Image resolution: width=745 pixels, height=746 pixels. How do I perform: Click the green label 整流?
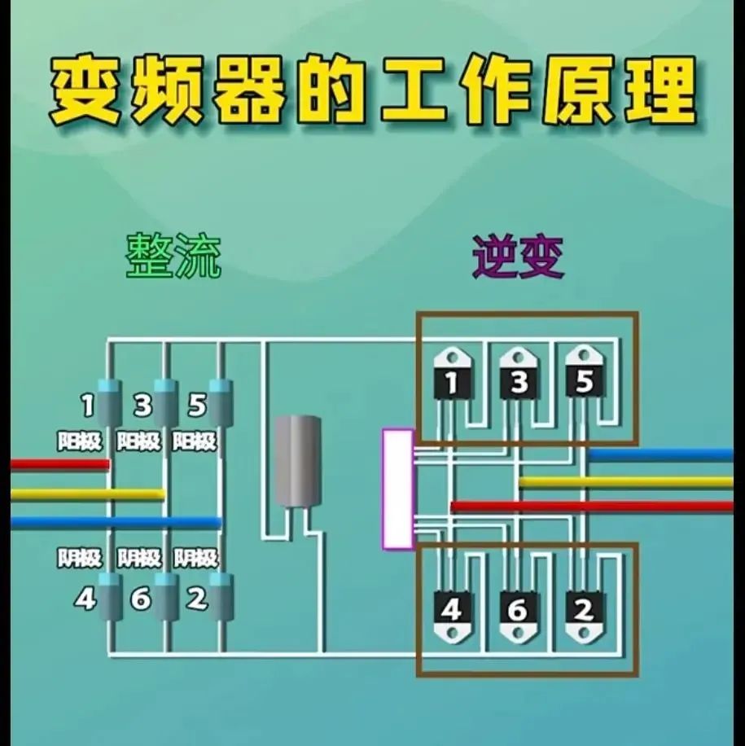[x=173, y=257]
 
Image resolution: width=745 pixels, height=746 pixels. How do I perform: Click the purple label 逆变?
[x=519, y=257]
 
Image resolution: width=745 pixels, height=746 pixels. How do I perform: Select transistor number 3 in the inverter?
[x=519, y=375]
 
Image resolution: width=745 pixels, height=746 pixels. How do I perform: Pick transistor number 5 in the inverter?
[x=584, y=375]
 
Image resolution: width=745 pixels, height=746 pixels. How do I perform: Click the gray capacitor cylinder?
[x=297, y=460]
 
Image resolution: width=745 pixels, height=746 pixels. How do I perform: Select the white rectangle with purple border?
[x=398, y=489]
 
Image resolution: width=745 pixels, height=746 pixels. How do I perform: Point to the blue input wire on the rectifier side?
[x=114, y=522]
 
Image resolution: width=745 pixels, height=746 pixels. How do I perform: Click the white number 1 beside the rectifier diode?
[x=87, y=404]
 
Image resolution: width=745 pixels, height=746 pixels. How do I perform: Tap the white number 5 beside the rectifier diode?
[x=196, y=404]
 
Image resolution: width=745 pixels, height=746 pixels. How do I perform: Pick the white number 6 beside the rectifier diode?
[x=141, y=599]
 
